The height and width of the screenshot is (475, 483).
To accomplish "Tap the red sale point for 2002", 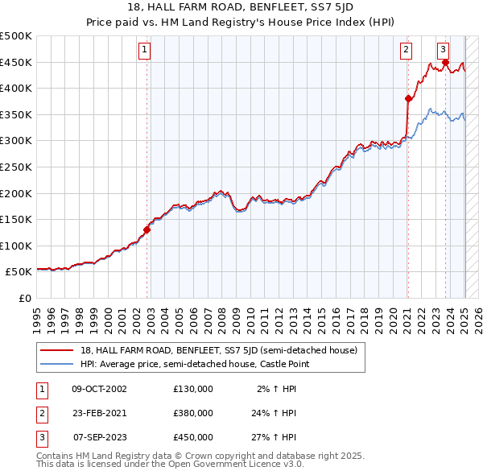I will [x=147, y=229].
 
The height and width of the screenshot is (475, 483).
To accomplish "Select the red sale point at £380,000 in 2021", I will [x=408, y=98].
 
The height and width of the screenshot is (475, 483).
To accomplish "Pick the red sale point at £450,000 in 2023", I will [x=445, y=62].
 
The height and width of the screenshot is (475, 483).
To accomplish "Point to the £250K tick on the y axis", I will [x=17, y=167].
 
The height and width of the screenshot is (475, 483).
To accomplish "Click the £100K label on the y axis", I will [x=17, y=246].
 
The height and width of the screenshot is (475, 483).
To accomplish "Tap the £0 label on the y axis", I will [x=24, y=298].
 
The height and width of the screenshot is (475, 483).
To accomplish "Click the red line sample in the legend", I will [x=56, y=350].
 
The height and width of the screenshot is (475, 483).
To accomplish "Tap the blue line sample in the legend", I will [x=56, y=365].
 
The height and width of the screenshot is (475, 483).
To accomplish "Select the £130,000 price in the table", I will [x=193, y=389].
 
